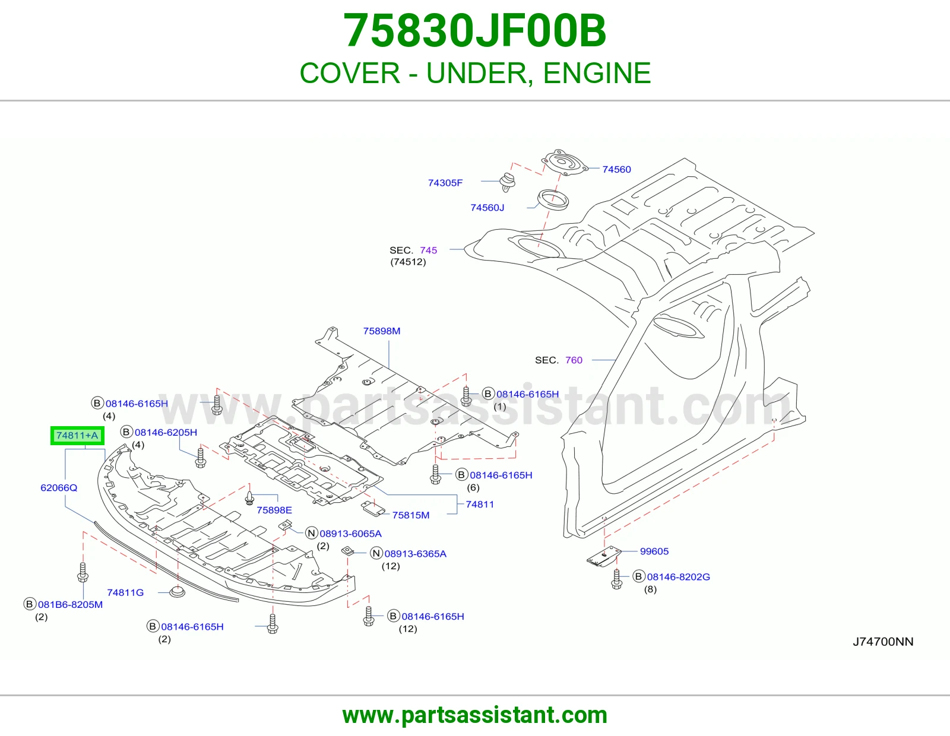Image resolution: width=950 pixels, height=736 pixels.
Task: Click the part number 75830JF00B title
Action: [x=475, y=31]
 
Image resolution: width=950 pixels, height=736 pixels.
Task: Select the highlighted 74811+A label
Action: [x=77, y=435]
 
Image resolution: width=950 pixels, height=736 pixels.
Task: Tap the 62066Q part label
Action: [x=59, y=488]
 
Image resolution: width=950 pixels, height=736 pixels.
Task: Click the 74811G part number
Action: [x=125, y=592]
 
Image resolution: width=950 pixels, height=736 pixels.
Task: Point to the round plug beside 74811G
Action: [x=177, y=592]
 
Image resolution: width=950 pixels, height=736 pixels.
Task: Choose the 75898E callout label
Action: [x=274, y=510]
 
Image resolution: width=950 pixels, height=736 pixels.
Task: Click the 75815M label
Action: [x=410, y=515]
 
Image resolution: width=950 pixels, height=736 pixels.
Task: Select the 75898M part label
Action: [x=382, y=331]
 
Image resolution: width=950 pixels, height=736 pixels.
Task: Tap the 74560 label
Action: [x=616, y=170]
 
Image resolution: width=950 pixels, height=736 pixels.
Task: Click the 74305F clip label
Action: [x=445, y=183]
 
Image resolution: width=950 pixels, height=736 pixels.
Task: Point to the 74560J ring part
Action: [x=553, y=200]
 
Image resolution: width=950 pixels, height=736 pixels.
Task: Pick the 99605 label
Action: [x=654, y=551]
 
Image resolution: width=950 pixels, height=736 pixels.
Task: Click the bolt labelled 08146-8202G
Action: [x=617, y=579]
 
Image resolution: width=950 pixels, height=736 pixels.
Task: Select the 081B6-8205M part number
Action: [x=71, y=604]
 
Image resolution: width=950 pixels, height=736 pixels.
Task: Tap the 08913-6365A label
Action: [x=415, y=554]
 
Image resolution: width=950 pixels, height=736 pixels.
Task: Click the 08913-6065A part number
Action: [x=351, y=534]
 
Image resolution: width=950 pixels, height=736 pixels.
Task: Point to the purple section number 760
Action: [x=574, y=360]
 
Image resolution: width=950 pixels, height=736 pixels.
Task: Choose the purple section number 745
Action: [x=429, y=250]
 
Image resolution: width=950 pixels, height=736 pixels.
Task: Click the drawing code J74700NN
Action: [x=883, y=642]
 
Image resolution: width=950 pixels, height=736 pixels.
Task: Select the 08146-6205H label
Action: [x=166, y=432]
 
